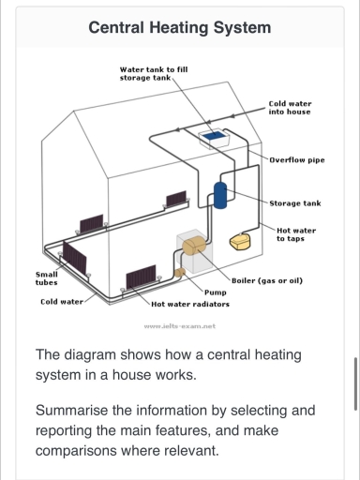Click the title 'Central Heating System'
[179, 27]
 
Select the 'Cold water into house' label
[290, 108]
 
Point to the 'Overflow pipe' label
[297, 159]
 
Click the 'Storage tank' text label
[295, 202]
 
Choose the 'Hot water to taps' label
[296, 233]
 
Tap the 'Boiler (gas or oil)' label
[266, 280]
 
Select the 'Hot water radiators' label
[190, 304]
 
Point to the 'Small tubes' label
[46, 277]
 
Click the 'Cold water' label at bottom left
[61, 302]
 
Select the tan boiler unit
[195, 247]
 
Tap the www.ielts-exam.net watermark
[180, 325]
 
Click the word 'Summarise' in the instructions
[78, 411]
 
